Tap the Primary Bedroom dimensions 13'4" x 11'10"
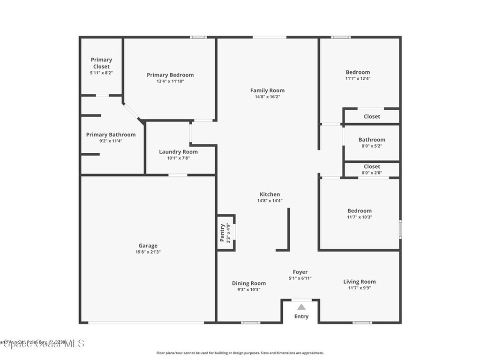(170, 82)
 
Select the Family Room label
(267, 90)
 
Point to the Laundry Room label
(178, 152)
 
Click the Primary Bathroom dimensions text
(111, 141)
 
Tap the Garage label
(148, 246)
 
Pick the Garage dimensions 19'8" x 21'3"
(148, 252)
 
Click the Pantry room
(225, 232)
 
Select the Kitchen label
(270, 195)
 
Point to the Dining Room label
(248, 283)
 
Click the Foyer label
(300, 272)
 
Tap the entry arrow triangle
(301, 307)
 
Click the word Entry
(301, 316)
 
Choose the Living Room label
(360, 282)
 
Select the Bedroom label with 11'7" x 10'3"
(360, 211)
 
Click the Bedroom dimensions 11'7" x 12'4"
(358, 79)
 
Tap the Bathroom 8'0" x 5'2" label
(372, 140)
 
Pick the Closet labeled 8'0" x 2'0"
(372, 167)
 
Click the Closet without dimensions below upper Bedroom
(372, 116)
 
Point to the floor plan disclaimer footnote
(240, 353)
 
